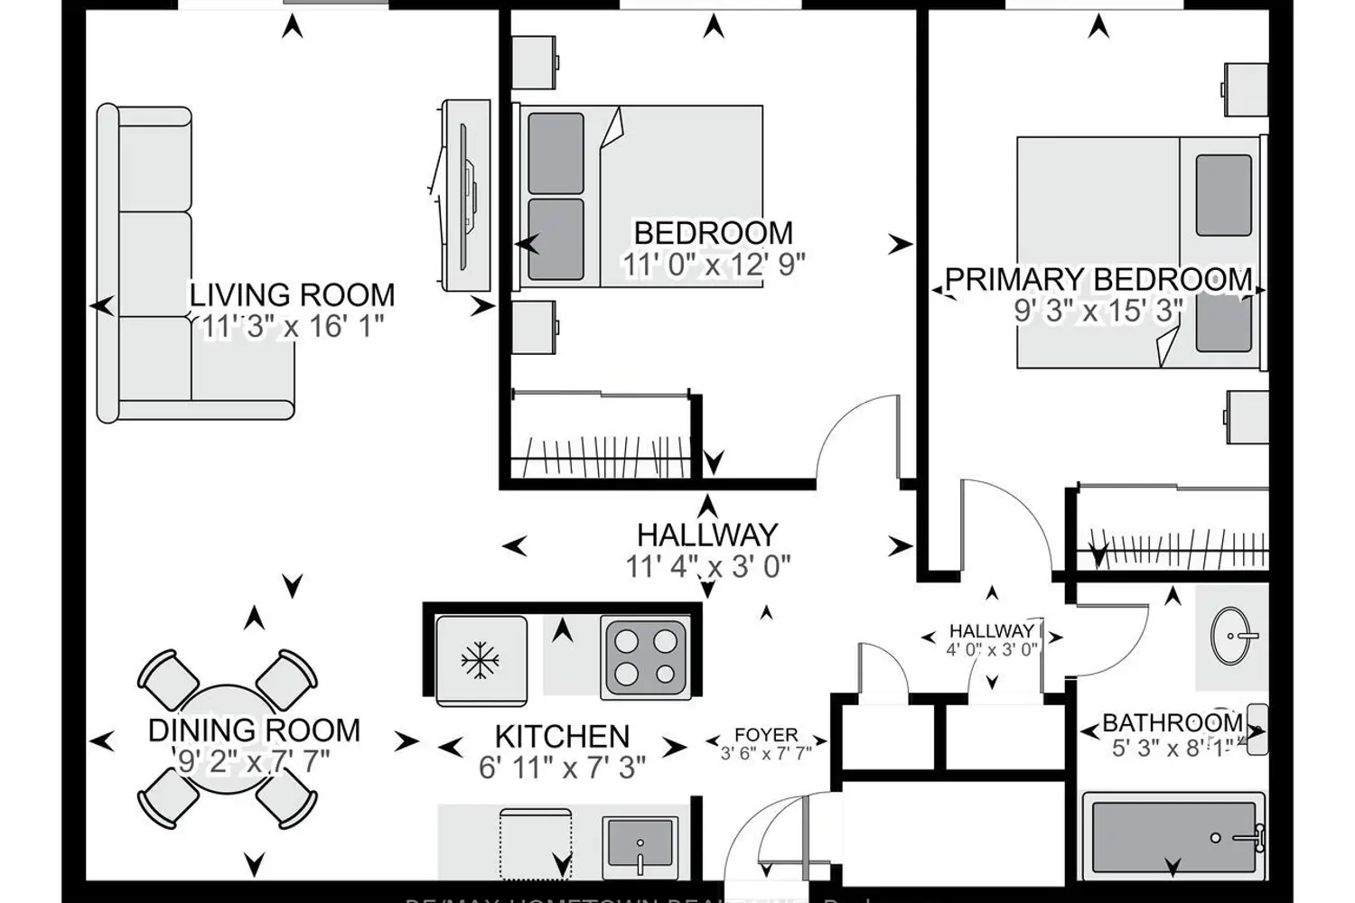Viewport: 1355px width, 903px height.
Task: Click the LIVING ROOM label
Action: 292,295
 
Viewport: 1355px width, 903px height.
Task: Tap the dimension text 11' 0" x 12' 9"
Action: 713,265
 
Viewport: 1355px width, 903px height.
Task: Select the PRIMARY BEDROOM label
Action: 1098,279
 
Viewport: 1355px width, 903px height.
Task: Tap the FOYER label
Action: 766,735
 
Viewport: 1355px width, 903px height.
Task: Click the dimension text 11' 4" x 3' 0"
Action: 708,567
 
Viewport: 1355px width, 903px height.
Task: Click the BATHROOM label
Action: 1173,722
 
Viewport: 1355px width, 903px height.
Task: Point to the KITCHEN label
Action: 562,736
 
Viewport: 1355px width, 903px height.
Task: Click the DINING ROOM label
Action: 254,730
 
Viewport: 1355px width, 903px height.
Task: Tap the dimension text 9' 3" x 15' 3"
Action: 1098,311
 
